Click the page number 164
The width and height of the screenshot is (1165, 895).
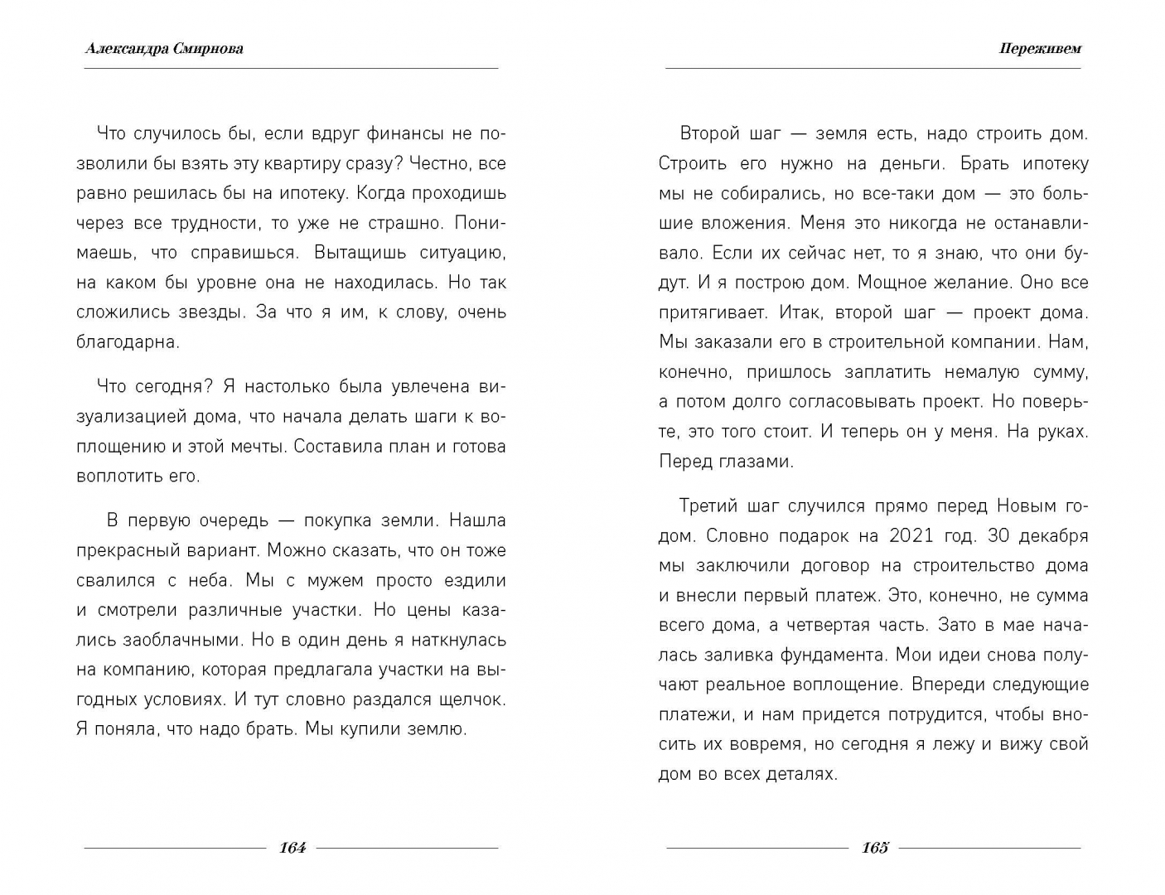[x=292, y=847]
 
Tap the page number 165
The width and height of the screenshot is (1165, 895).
[x=874, y=847]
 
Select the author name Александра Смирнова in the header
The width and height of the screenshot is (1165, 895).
[x=164, y=48]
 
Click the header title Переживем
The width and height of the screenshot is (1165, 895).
[x=1040, y=48]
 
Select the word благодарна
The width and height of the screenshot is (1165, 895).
[x=127, y=342]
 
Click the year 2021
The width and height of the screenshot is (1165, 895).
[x=911, y=535]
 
